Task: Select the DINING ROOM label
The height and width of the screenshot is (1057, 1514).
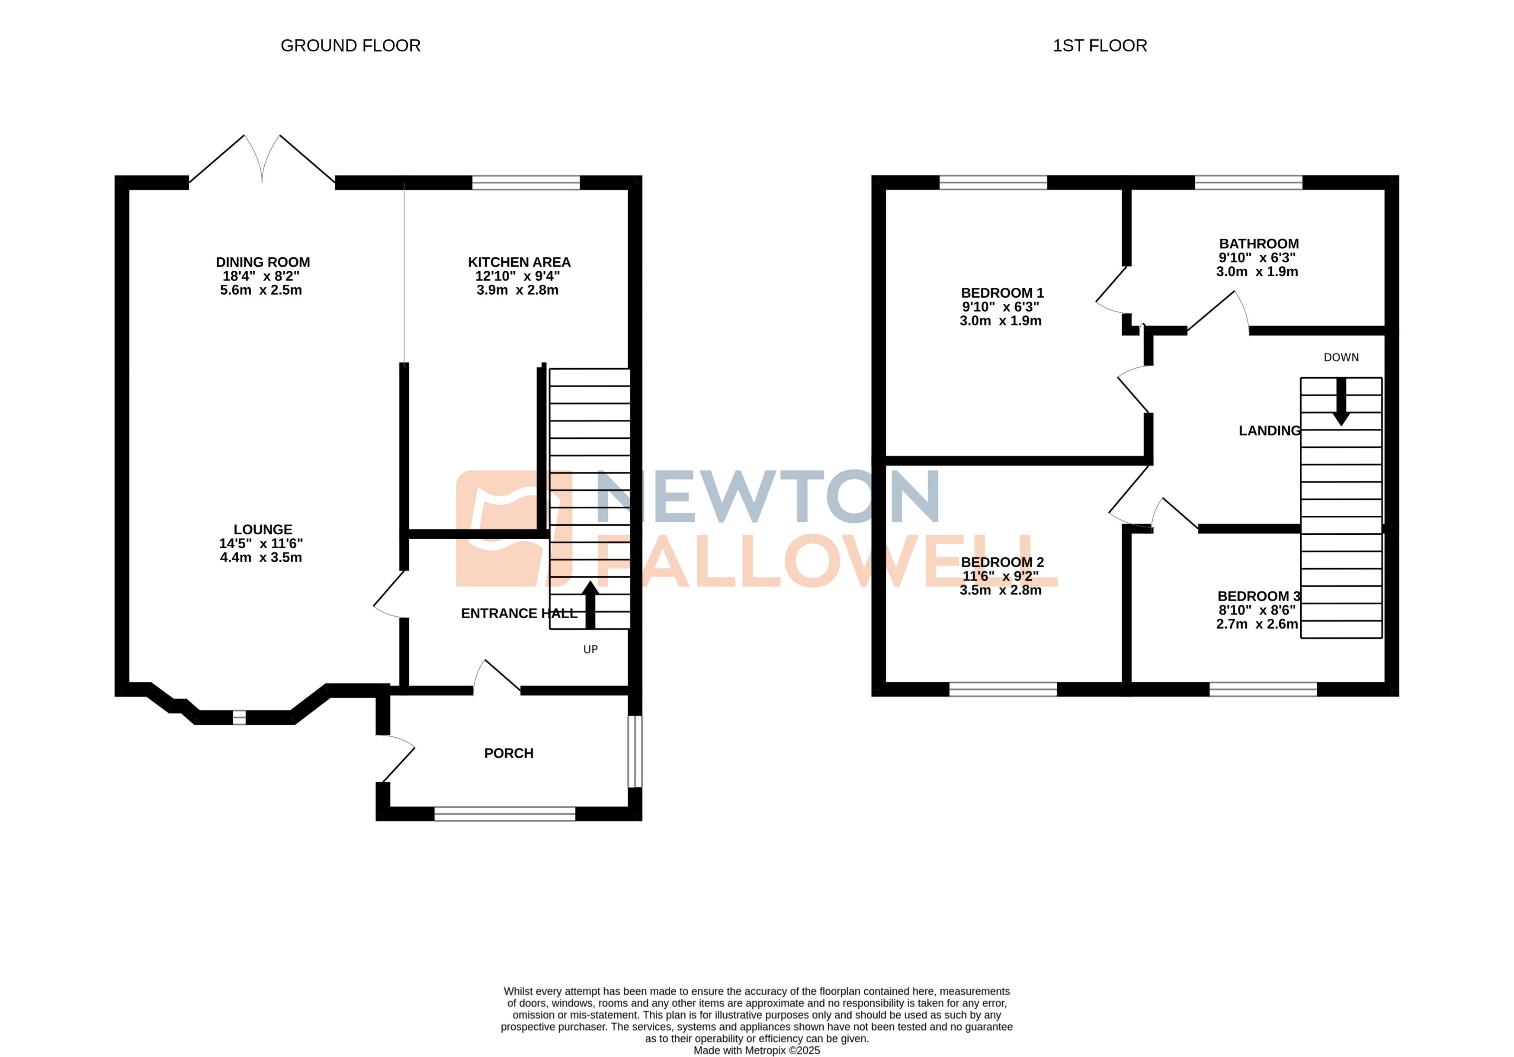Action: point(263,263)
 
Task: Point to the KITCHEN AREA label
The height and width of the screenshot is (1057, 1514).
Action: point(519,263)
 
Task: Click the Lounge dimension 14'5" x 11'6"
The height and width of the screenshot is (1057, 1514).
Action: point(261,543)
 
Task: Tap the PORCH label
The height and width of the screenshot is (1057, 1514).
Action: point(508,753)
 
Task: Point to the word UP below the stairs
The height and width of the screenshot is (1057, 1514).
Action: point(590,649)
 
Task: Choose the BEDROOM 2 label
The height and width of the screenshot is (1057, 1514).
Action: point(1002,562)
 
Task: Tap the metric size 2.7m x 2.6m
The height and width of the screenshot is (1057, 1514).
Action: point(1256,624)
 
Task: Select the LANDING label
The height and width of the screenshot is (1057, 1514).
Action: point(1269,431)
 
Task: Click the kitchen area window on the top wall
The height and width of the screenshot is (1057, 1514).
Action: point(526,183)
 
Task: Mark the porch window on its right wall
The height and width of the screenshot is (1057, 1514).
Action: point(634,751)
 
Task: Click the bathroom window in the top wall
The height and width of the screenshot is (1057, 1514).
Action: point(1248,183)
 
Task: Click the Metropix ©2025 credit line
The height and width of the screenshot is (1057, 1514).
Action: point(756,1051)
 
